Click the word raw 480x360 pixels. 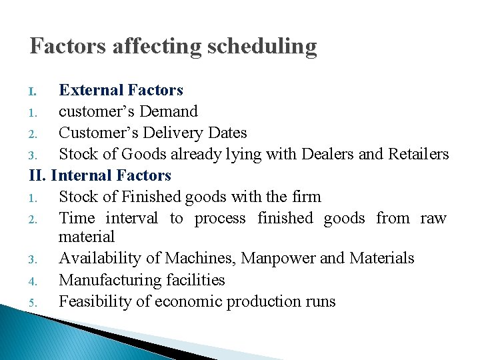(433, 218)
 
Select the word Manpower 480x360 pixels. (278, 258)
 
